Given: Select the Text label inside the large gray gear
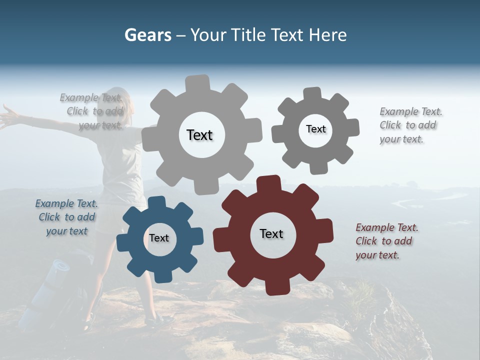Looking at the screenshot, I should (x=199, y=135).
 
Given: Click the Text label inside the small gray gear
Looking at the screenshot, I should (x=315, y=129).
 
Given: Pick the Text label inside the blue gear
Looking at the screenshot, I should (x=159, y=238).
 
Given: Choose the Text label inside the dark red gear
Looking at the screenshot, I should (x=271, y=233).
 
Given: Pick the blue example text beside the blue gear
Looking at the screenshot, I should (x=66, y=217).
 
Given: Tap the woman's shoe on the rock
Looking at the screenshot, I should (x=159, y=320).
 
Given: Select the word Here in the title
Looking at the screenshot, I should (x=328, y=35).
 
